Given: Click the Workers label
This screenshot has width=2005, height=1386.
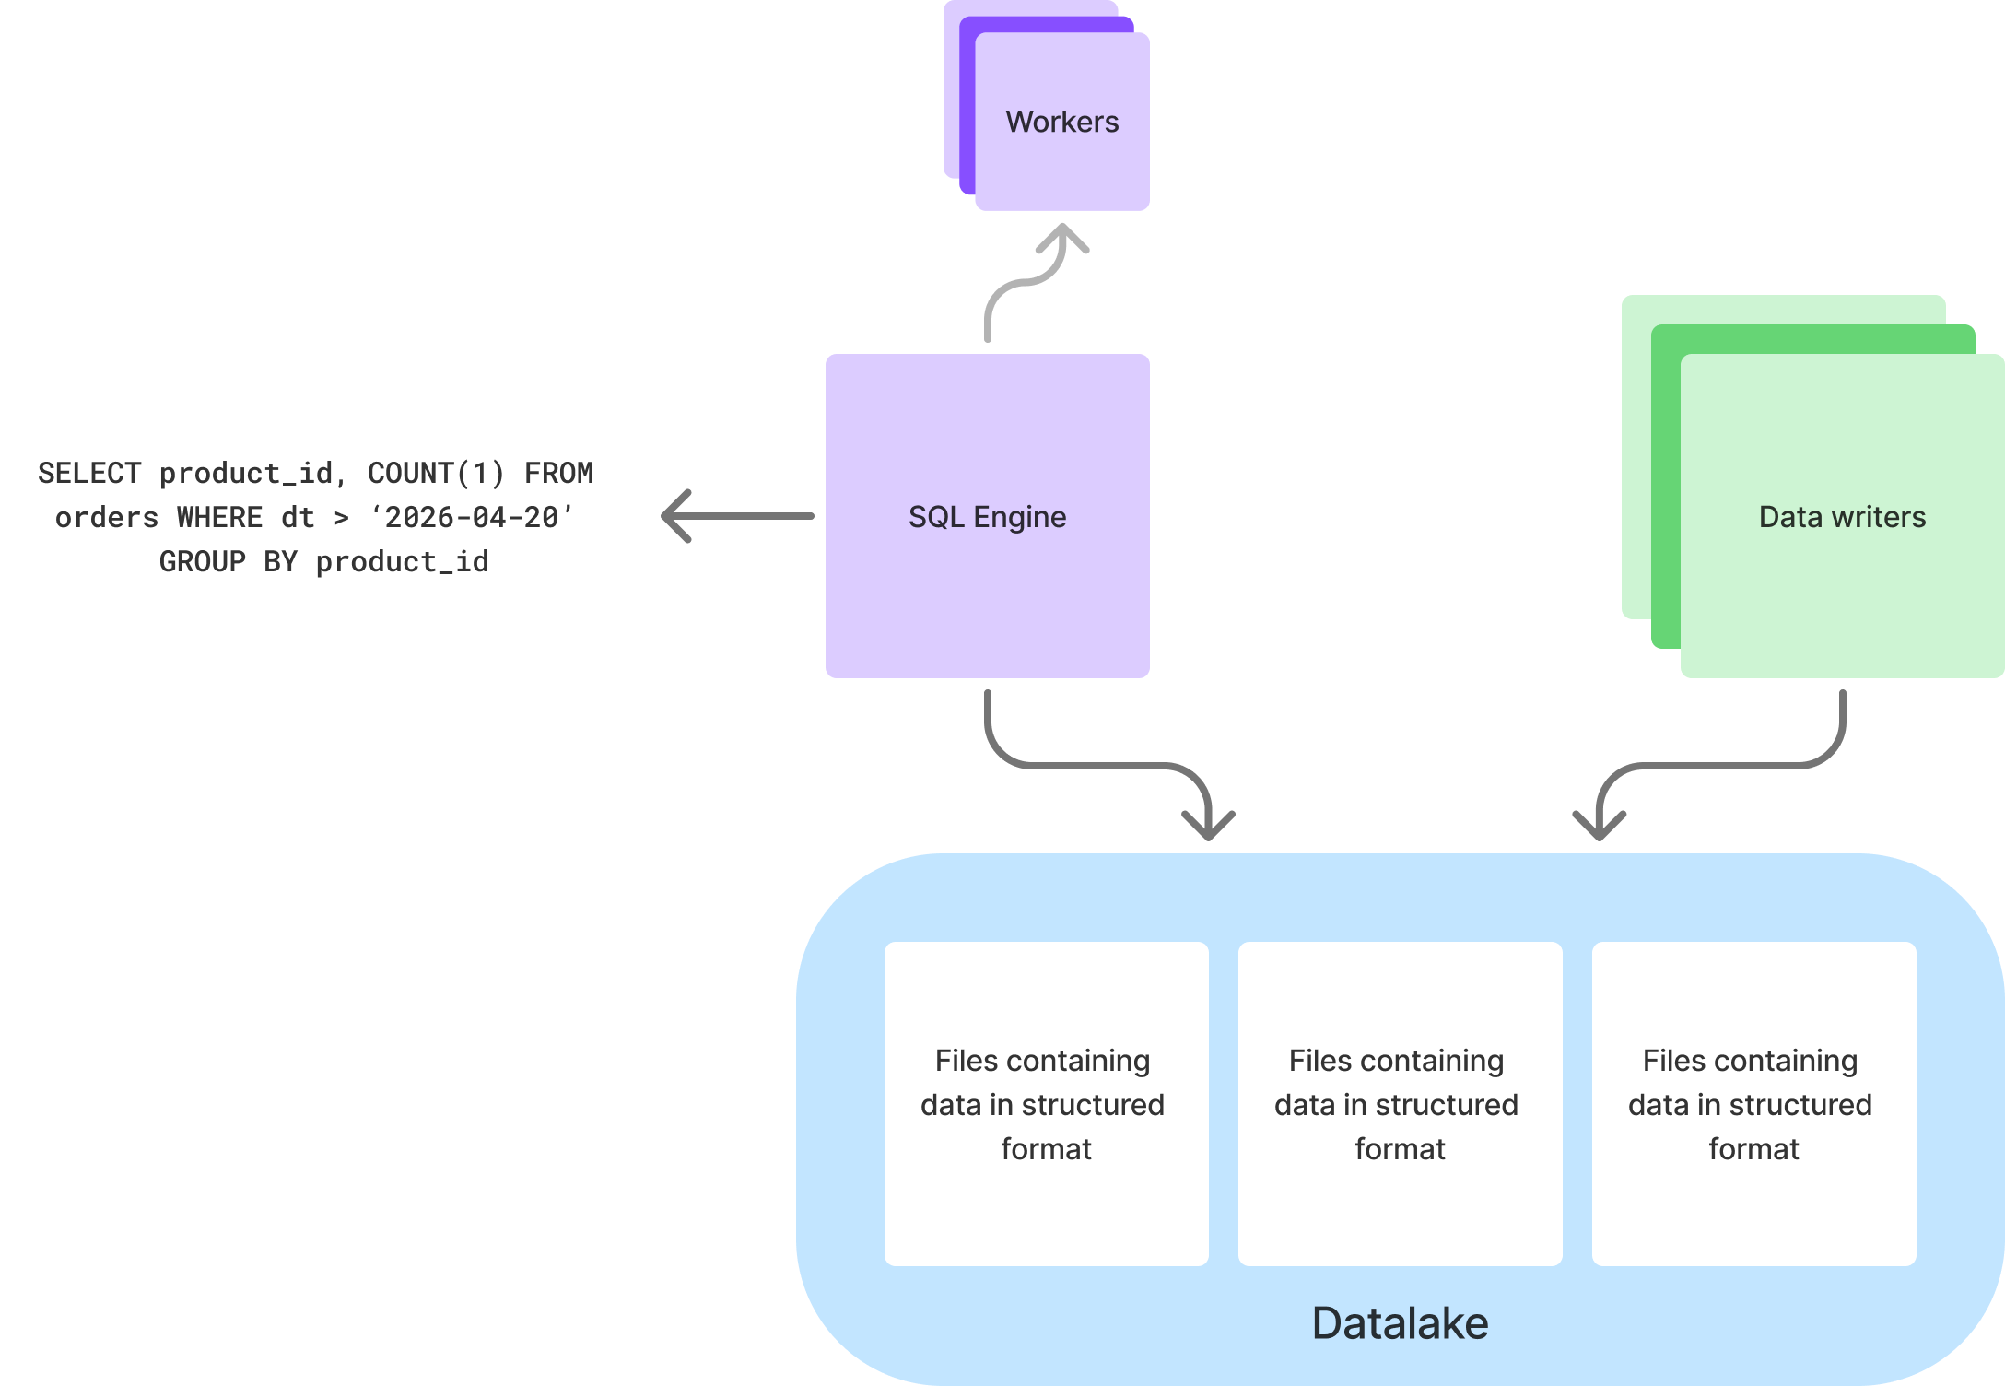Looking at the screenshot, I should tap(1061, 122).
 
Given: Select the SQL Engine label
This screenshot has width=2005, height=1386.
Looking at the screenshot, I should tap(987, 517).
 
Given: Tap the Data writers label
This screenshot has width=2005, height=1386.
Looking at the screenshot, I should tap(1841, 517).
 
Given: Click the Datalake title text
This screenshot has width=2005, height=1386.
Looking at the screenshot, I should tap(1399, 1323).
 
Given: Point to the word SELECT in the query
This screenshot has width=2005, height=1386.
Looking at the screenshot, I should tap(89, 474).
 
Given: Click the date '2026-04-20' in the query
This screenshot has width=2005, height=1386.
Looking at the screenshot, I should tap(472, 518).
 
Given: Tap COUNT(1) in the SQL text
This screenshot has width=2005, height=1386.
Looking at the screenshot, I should tap(436, 474).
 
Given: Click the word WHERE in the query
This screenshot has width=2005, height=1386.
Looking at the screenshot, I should tap(219, 518).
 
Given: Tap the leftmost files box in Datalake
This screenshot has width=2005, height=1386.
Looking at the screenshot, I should tap(1046, 1103).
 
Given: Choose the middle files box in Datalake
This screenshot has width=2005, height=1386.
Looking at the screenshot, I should tap(1400, 1103).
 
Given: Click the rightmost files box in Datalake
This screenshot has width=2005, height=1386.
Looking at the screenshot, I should tap(1753, 1103).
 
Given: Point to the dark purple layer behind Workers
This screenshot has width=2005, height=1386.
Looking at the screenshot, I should tap(967, 111).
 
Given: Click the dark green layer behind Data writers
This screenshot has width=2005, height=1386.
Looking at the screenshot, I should tap(1665, 488).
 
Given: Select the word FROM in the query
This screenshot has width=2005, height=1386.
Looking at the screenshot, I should tap(558, 474).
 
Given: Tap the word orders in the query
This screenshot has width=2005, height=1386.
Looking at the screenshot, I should tap(107, 518).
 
